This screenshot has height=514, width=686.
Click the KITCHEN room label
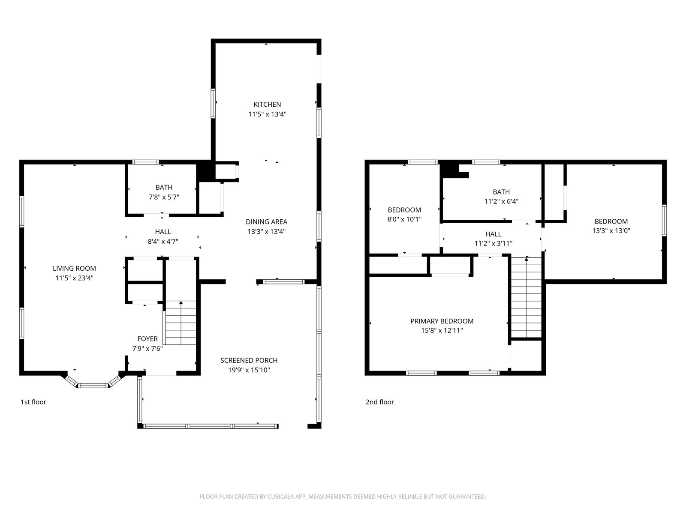tap(267, 104)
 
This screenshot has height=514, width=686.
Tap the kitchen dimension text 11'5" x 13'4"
tap(267, 114)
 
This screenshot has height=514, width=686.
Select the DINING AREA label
tap(267, 221)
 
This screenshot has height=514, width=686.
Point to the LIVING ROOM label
tap(74, 268)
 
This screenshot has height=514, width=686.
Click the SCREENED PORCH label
tap(249, 360)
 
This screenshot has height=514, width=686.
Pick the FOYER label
tap(147, 339)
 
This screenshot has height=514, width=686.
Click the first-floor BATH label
tap(164, 187)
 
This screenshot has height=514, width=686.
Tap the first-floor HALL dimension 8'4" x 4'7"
tap(163, 241)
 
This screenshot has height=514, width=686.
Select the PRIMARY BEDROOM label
tap(442, 321)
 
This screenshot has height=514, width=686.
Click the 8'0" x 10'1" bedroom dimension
tap(404, 219)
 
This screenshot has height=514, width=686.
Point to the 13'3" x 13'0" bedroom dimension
tap(611, 230)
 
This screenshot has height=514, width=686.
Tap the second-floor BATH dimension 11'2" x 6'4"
tap(501, 201)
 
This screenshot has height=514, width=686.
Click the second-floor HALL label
tap(493, 234)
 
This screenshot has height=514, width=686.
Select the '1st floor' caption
tap(33, 402)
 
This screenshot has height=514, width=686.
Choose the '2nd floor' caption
tap(380, 402)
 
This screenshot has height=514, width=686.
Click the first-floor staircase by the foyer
tap(181, 323)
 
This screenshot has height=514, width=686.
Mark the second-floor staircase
tap(527, 297)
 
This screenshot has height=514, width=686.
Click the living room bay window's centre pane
tap(93, 386)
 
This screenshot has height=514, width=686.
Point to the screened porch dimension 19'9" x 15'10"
tap(249, 370)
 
